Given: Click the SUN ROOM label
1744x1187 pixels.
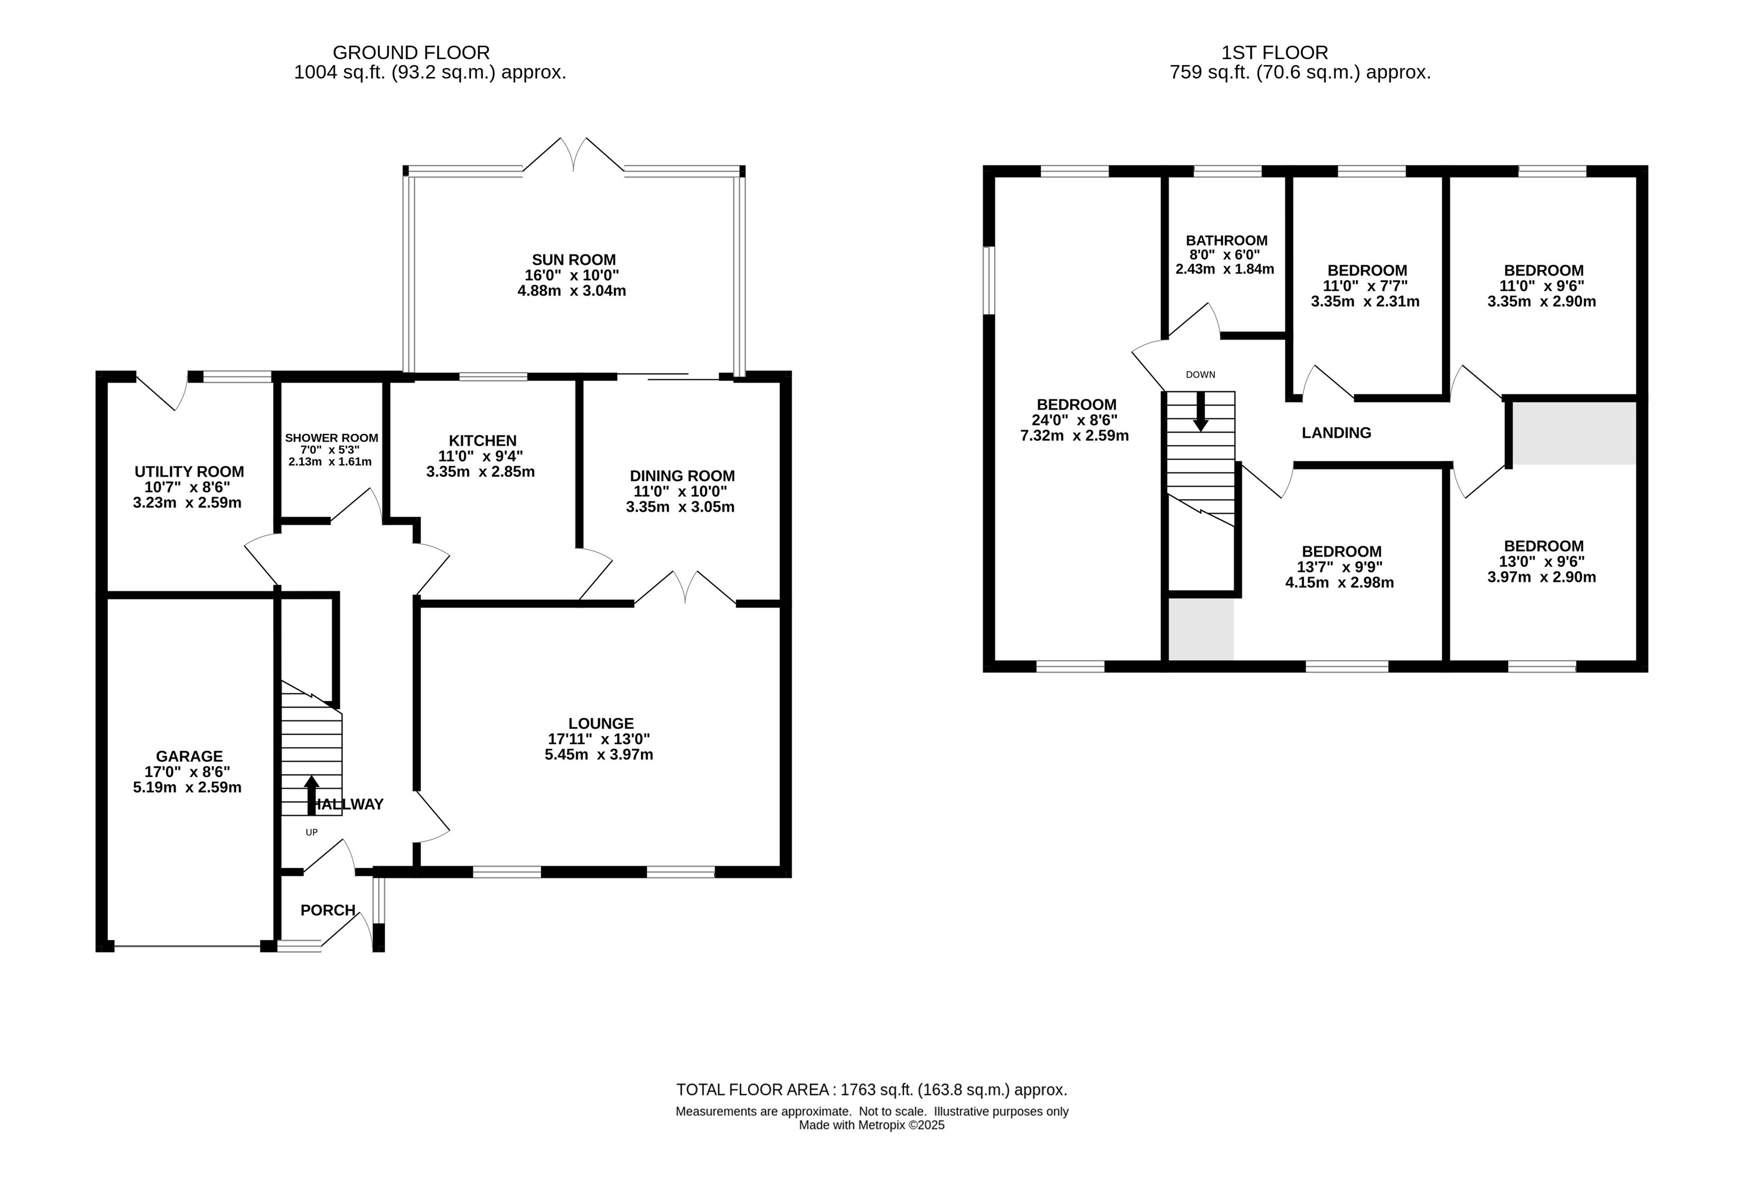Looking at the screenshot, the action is coord(573,259).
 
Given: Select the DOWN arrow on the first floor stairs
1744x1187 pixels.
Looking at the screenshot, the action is coord(1200,411).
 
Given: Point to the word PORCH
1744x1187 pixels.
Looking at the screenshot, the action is coord(328,910).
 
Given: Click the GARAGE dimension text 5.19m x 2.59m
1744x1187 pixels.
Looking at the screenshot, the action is coord(188,787).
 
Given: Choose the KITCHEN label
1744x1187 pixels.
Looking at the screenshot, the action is coord(483,441).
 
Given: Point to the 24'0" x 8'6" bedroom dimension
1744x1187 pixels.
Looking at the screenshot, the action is coord(1074,420).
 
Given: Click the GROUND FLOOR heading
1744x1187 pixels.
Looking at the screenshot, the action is coord(411,52).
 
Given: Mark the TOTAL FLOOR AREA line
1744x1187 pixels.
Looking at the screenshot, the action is coord(872,1089).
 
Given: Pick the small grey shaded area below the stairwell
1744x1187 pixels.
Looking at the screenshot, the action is coord(1201,629).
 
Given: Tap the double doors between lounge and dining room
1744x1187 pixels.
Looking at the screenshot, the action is coord(685,587).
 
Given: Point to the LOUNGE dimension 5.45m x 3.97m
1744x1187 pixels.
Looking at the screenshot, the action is coord(599,754).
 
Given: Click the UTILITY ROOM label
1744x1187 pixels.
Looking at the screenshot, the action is coord(189,471).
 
